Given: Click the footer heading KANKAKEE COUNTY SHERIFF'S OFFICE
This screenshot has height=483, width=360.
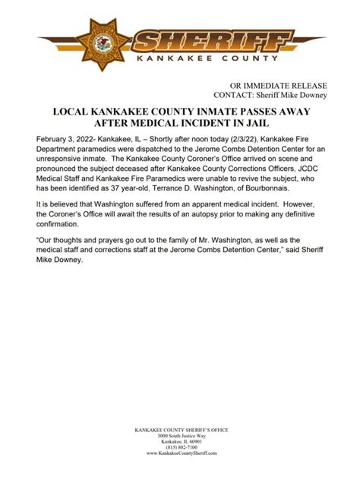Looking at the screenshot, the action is [180, 430].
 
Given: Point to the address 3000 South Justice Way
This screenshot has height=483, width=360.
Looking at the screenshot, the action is [180, 436].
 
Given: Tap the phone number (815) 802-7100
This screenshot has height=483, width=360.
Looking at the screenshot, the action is [180, 448].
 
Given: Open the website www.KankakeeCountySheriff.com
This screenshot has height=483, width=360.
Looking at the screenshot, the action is [180, 453].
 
